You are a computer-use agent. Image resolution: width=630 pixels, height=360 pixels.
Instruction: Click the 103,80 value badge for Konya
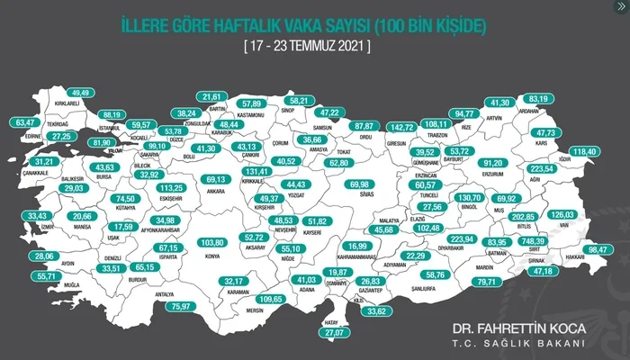pos(211,243)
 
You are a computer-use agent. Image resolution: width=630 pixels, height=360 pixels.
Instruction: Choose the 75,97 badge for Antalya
pos(182,307)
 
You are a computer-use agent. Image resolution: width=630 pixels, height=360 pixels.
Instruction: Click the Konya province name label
pos(212,256)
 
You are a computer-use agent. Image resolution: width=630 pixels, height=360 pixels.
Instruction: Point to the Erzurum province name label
pos(493,174)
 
